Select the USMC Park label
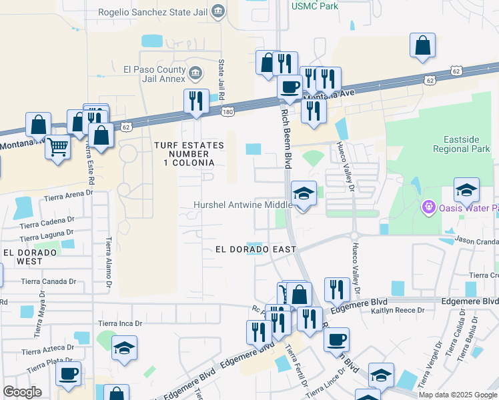point(314,6)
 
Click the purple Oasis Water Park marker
point(428,209)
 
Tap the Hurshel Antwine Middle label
point(243,205)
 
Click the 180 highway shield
point(227,111)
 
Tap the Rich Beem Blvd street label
point(288,133)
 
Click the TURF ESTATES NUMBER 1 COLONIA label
point(184,153)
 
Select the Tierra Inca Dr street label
point(120,323)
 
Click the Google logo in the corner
point(22,392)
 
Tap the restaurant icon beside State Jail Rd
point(196,101)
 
